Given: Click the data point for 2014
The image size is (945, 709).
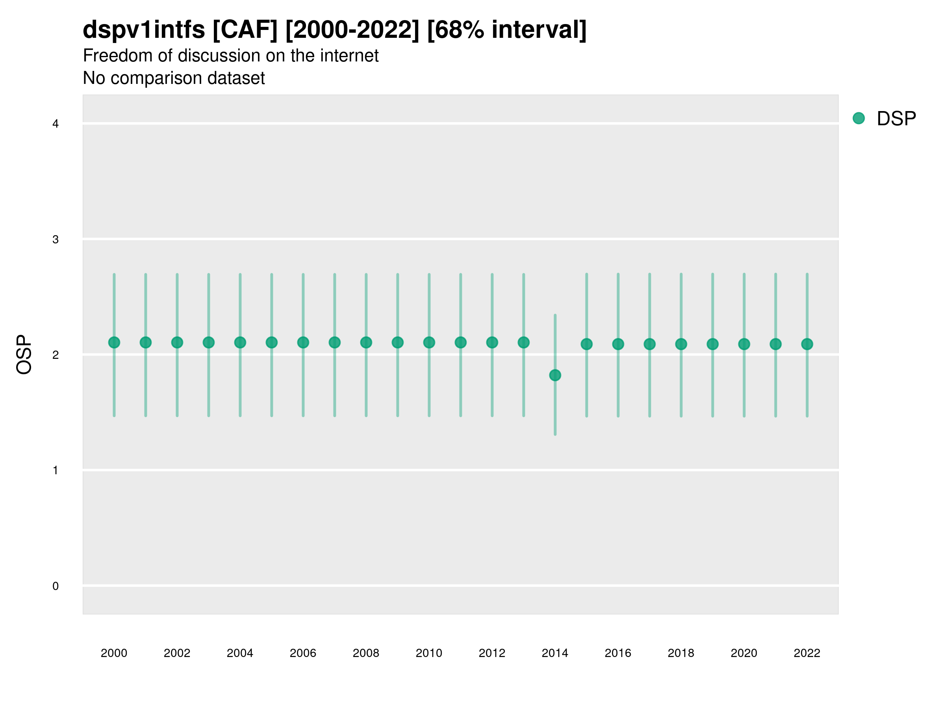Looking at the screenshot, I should (555, 375).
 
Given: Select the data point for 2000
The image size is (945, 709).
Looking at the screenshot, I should (114, 342).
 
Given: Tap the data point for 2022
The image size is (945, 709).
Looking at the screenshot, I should (807, 344).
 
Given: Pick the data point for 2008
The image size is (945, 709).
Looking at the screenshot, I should (366, 342).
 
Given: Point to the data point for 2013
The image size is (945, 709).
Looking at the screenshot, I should (524, 342).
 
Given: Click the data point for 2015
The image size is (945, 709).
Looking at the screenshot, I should (587, 344).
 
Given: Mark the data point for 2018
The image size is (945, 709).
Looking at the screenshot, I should (681, 344).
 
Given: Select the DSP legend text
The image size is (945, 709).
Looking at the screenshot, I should (896, 119).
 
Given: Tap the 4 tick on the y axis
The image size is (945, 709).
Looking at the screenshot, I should (56, 124).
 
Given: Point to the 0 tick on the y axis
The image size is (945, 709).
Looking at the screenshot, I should (56, 586).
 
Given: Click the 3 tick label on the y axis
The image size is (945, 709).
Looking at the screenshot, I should (56, 239).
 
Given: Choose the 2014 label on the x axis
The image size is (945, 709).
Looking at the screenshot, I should (555, 653).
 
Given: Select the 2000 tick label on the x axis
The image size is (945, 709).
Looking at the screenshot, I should (114, 653).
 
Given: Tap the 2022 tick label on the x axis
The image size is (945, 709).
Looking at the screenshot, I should (807, 653).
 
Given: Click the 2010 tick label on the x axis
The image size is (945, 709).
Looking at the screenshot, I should (429, 653).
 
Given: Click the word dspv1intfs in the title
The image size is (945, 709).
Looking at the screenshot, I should (144, 30).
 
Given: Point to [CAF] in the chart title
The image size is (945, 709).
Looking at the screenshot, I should (245, 30).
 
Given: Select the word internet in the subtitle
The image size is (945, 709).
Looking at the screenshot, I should (347, 56).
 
